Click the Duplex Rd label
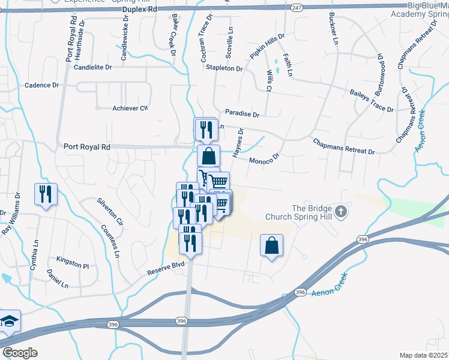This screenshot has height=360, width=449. coord(139,10)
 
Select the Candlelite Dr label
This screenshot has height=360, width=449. coord(93,68)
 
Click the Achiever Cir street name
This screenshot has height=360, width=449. coord(130,108)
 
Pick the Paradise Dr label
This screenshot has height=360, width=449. coord(242,113)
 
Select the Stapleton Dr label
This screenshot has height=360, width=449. coord(224,69)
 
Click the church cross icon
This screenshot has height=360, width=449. coord(341,211)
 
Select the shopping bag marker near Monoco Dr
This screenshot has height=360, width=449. coord(208,157)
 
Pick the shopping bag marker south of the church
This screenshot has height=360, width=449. coord(271,245)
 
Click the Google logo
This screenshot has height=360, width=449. coord(20,352)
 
